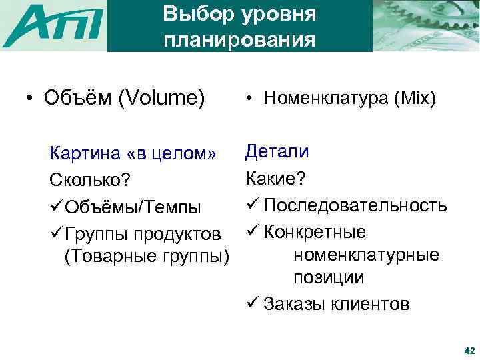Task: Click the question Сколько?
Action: coord(89,181)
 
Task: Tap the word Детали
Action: coord(277,151)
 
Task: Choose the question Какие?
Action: coord(275,178)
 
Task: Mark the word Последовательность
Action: coord(355,205)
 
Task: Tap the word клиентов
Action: coord(373,304)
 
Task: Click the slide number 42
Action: coord(468,350)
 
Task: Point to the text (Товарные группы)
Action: coord(146,256)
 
